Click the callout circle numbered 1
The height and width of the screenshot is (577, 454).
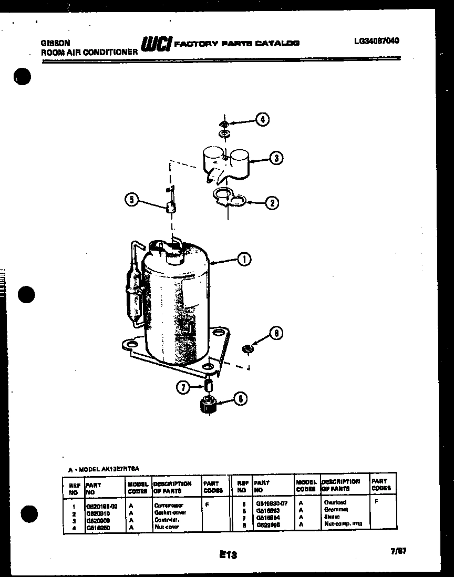[x=244, y=259]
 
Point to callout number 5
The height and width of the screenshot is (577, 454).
[x=132, y=200]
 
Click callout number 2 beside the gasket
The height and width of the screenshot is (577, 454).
[x=271, y=202]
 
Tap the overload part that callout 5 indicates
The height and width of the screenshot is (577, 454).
[x=170, y=207]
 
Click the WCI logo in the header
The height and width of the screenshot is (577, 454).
[x=156, y=45]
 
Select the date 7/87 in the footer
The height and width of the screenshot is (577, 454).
[x=399, y=551]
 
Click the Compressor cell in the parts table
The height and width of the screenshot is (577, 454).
[x=169, y=505]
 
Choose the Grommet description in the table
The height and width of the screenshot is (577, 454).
[x=336, y=510]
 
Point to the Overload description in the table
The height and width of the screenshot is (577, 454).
[x=335, y=503]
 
